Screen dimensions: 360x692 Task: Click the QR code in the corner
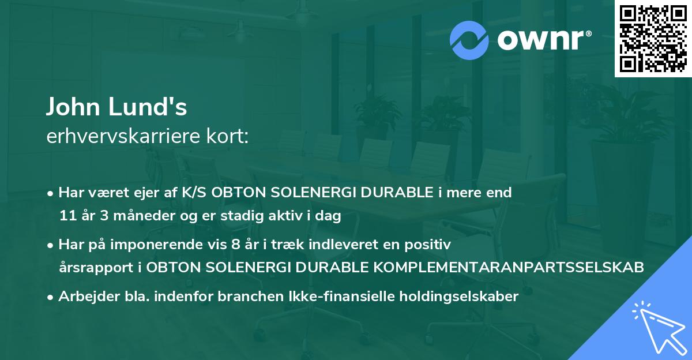[653, 38]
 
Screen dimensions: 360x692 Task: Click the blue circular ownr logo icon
[469, 40]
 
